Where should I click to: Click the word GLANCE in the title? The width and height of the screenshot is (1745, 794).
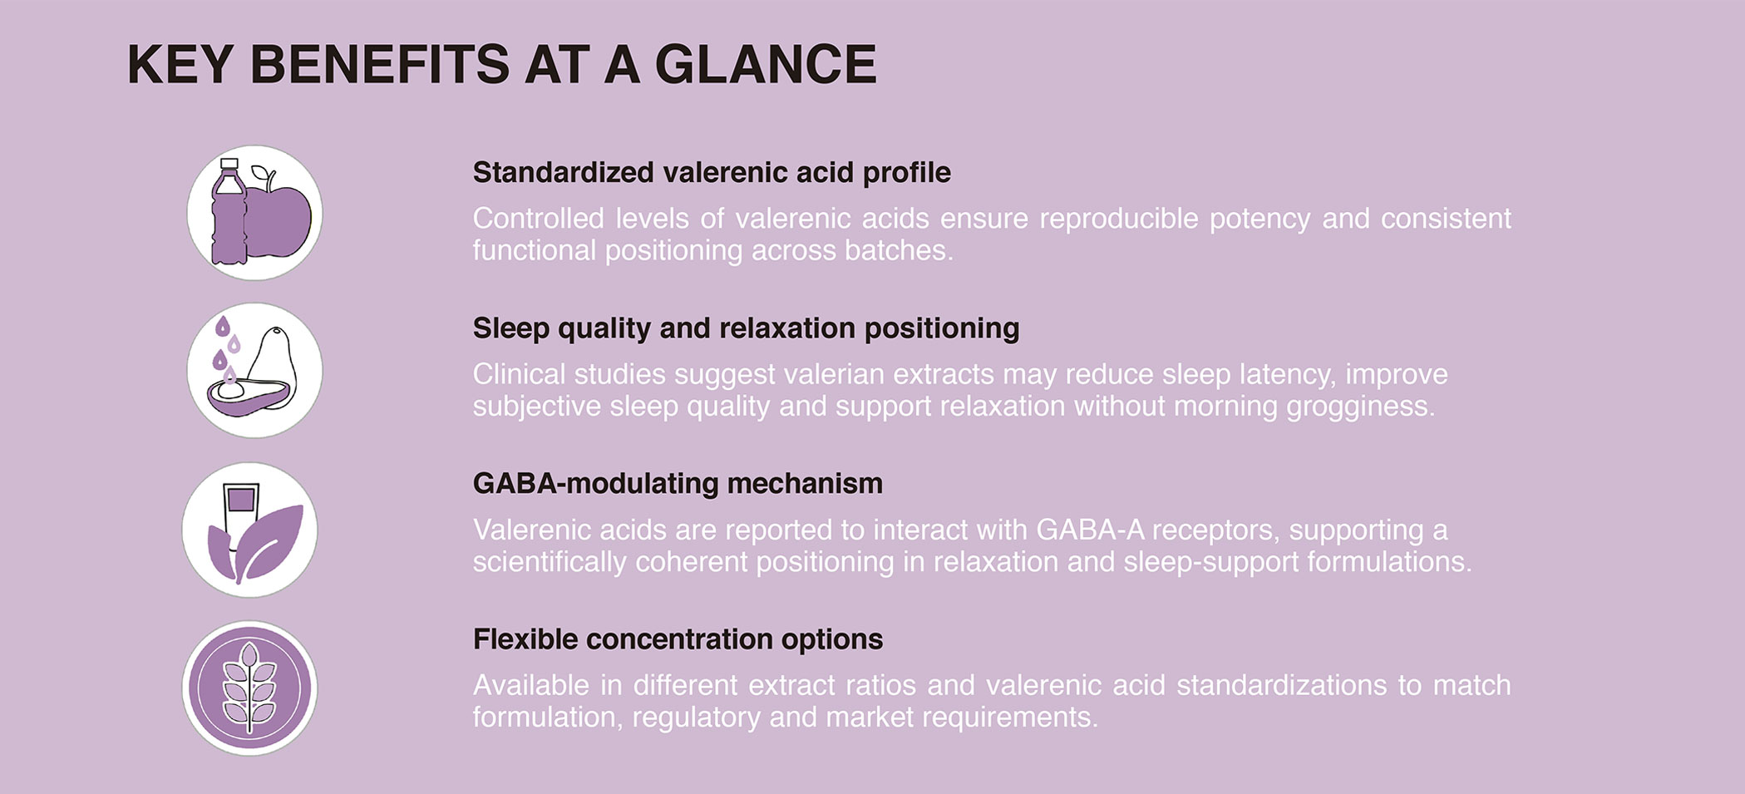(x=766, y=64)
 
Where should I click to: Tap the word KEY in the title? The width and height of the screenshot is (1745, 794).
(x=179, y=64)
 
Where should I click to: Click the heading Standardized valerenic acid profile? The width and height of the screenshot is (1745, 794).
(x=712, y=172)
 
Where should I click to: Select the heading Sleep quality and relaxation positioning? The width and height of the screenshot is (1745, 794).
(x=746, y=328)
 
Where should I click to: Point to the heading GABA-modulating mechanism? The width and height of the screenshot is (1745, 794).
(x=678, y=483)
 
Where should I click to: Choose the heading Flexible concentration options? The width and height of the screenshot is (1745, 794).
(x=678, y=639)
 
